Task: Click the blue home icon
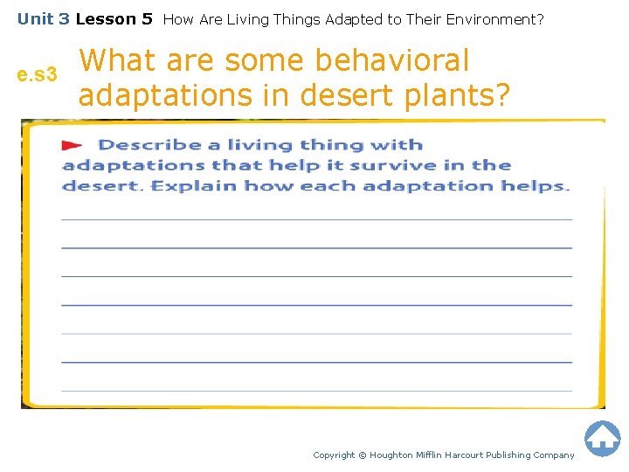click(602, 439)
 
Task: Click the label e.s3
click(37, 76)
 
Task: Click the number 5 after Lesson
click(147, 18)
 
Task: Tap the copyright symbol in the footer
click(363, 455)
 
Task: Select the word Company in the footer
click(552, 455)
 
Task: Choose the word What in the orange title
click(118, 60)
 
